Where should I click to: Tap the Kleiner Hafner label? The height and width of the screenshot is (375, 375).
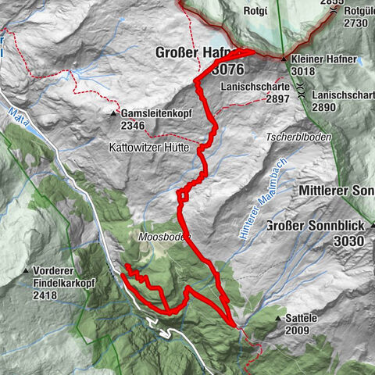pyautogui.click(x=324, y=59)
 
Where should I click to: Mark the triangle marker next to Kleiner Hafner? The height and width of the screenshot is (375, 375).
pyautogui.click(x=284, y=59)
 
